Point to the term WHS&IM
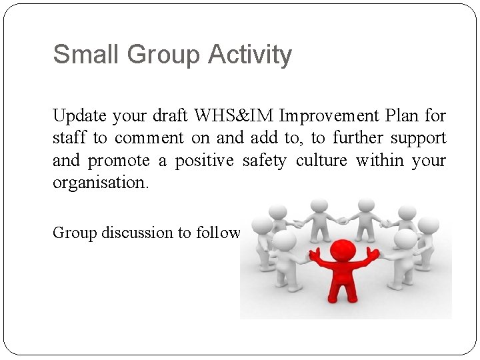(235, 116)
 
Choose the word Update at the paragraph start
(79, 116)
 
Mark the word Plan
(401, 116)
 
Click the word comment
(149, 138)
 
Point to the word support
(418, 139)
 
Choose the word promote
(119, 161)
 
